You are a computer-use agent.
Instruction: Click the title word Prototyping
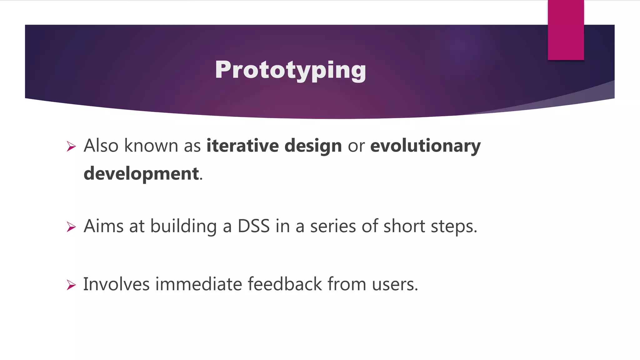pos(290,70)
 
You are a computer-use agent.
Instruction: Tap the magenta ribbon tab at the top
pos(566,30)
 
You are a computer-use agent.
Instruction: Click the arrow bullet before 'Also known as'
pos(71,146)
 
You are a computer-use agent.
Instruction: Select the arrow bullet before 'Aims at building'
pos(71,227)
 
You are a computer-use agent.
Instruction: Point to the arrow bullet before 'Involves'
pos(71,285)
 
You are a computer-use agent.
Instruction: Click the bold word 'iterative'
pos(242,146)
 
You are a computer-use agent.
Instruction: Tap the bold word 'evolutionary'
pos(425,146)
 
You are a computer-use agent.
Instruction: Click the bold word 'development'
pos(141,174)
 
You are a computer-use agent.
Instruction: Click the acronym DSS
pos(253,226)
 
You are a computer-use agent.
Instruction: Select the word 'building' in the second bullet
pos(183,226)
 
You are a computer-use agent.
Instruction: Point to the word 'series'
pos(333,226)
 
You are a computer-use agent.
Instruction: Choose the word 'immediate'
pos(198,284)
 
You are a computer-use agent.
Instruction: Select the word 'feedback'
pos(285,284)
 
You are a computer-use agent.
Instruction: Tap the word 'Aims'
pos(103,226)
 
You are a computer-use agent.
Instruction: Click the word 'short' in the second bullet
pos(404,226)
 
